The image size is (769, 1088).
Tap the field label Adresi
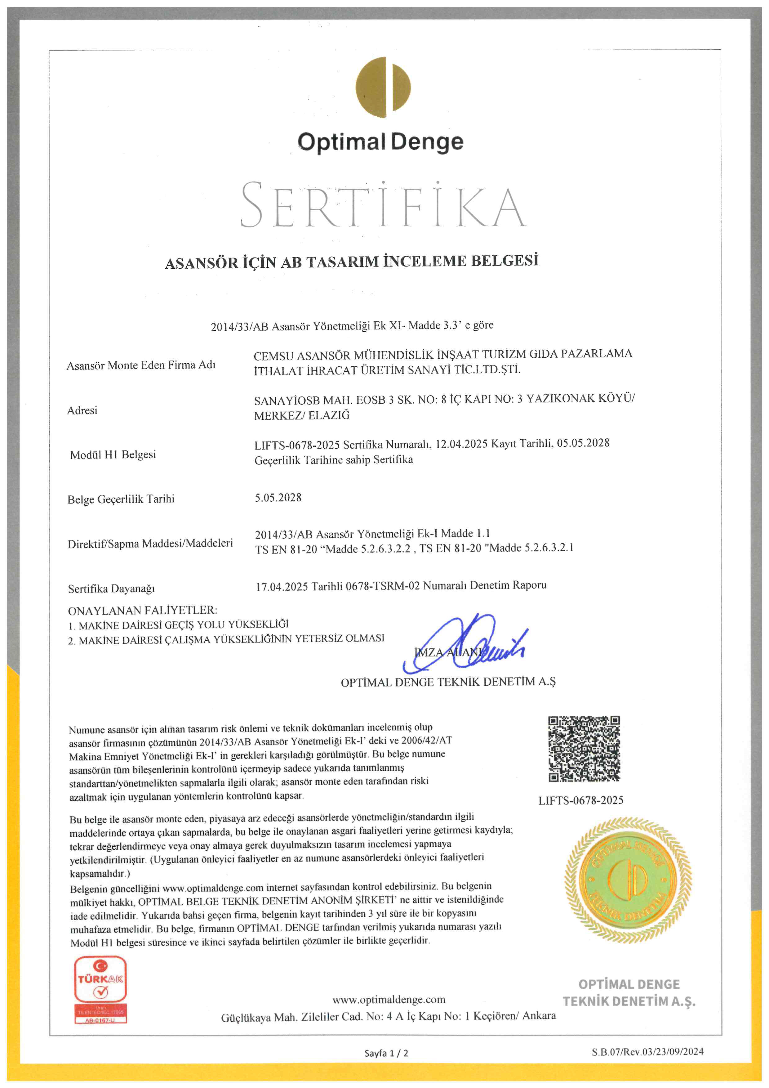pos(82,410)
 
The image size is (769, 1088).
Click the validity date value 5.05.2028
pos(278,498)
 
